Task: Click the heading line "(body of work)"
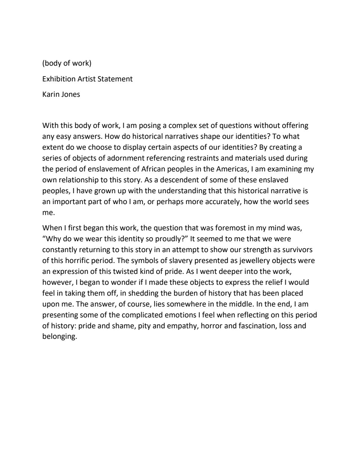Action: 67,63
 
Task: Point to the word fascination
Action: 257,326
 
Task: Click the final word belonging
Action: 59,337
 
